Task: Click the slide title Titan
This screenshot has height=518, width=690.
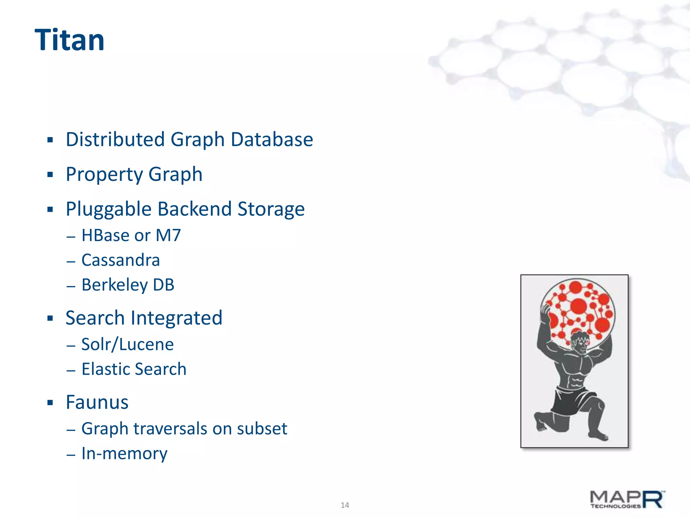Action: point(69,40)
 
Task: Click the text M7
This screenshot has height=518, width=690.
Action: point(168,235)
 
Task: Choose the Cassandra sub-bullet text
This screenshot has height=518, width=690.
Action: point(121,260)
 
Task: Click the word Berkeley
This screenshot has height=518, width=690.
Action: point(115,285)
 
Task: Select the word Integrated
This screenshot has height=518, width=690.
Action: point(177,318)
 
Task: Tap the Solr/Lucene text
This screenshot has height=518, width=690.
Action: point(127,344)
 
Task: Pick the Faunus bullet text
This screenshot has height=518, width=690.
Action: point(97,402)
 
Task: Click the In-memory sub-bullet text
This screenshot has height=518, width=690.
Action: point(124,454)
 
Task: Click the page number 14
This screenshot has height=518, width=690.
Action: point(345,505)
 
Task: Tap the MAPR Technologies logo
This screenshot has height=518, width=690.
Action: point(627,499)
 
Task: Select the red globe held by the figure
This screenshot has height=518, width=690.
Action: point(578,309)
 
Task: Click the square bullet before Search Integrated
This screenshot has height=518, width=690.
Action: point(50,318)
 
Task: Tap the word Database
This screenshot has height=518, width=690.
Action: point(272,139)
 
